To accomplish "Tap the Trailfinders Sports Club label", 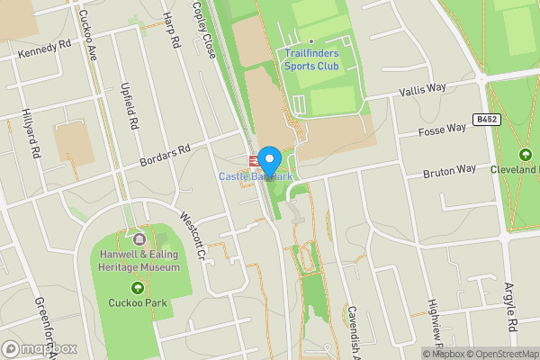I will point(310,60).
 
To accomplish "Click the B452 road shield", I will point(486,119).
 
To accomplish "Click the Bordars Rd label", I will point(166,157).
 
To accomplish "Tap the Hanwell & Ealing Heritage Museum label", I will point(139,261).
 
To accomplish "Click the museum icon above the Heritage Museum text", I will point(139,239).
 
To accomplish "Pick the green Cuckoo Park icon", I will point(137,288).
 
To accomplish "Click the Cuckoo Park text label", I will point(137,303).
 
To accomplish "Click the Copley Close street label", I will point(206,31).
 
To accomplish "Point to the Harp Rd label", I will point(172,27).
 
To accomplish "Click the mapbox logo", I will point(40,348).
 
